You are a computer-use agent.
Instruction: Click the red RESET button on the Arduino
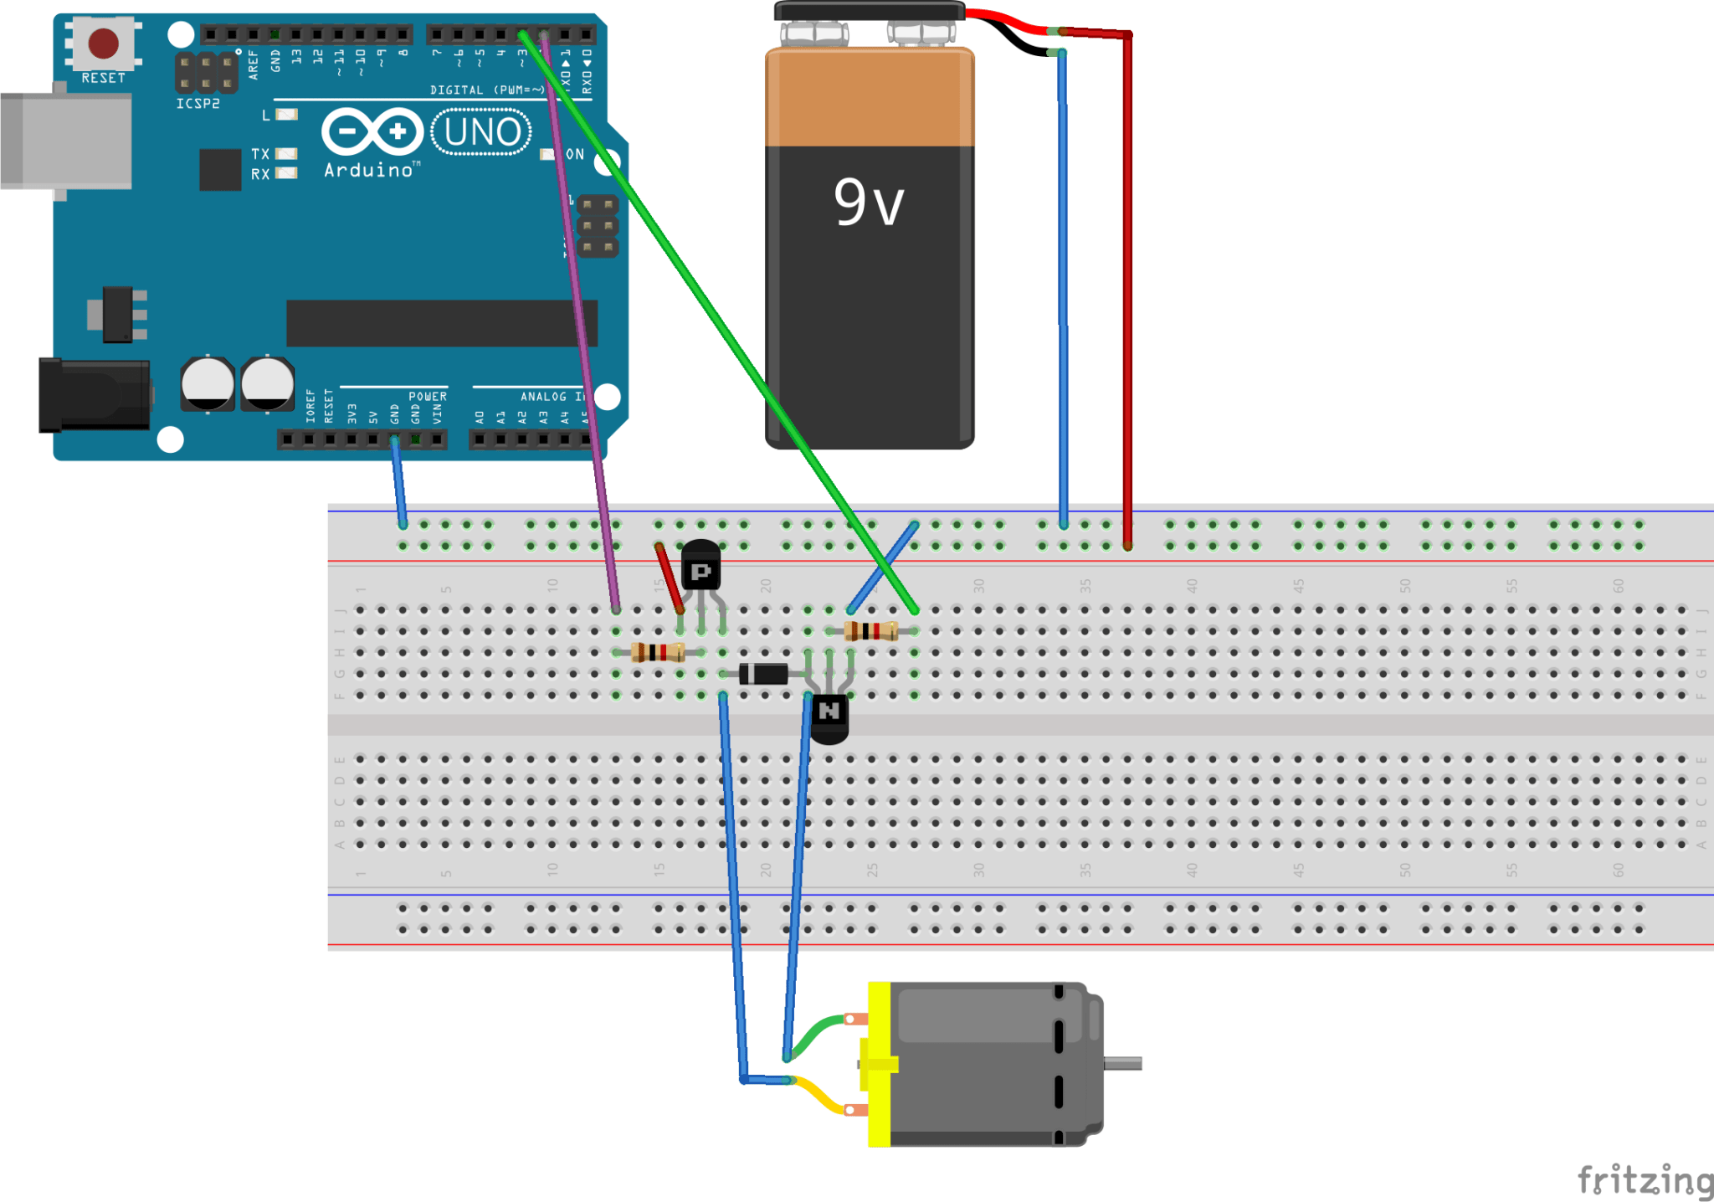(103, 43)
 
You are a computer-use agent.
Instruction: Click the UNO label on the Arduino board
(482, 132)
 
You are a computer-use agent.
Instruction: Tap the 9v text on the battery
(869, 203)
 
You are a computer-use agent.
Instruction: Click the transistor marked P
(701, 569)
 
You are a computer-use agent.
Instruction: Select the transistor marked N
(829, 717)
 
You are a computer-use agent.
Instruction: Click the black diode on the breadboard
(763, 673)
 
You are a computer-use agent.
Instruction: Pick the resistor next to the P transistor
(658, 652)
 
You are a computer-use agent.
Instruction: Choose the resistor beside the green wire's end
(871, 630)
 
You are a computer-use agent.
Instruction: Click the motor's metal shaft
(1123, 1063)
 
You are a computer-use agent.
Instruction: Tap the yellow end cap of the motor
(879, 1064)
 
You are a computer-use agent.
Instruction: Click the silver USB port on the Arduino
(67, 140)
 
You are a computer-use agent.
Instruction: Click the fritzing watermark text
(1644, 1180)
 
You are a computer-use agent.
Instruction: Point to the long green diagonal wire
(720, 326)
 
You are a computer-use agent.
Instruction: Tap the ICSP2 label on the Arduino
(198, 104)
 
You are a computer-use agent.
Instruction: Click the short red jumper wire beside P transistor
(670, 578)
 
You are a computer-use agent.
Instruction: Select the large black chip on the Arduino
(442, 323)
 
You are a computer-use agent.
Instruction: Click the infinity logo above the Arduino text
(372, 131)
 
